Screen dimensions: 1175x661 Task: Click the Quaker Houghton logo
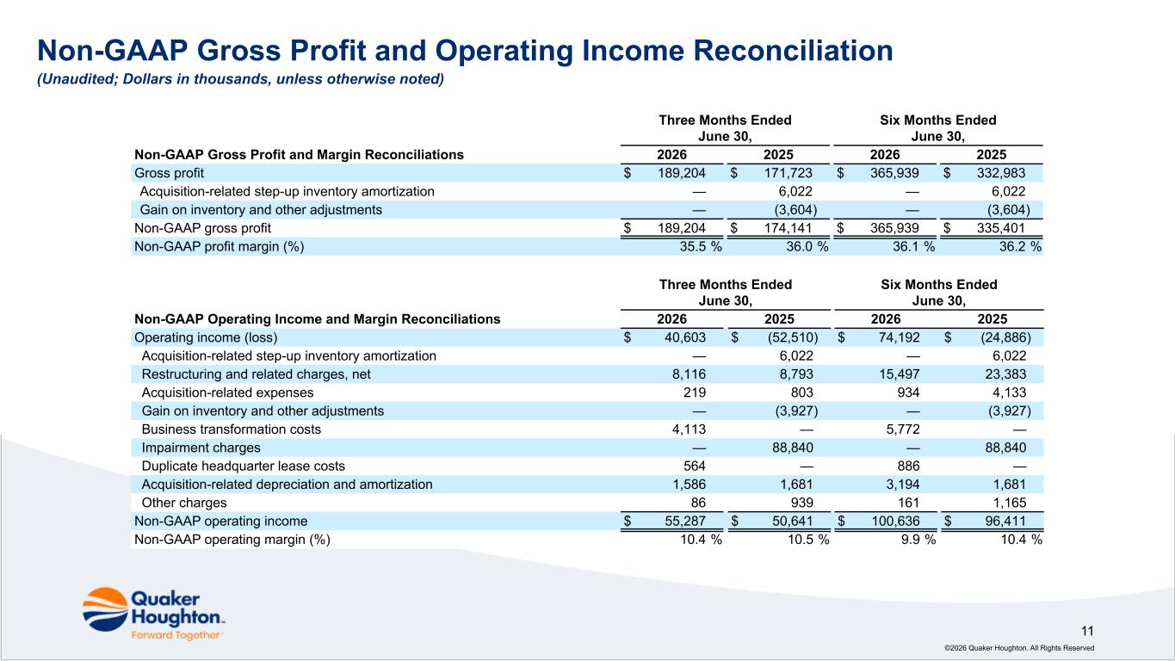[x=154, y=614]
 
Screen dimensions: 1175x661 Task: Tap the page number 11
[x=1087, y=631]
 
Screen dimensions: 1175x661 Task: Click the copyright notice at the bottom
[x=1019, y=648]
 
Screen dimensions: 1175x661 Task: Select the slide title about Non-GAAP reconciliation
[x=465, y=51]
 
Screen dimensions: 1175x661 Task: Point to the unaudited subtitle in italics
[x=241, y=79]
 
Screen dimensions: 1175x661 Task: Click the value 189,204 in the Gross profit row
[x=682, y=173]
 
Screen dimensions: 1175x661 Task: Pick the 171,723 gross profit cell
[x=788, y=173]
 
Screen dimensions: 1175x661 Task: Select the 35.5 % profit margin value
[x=701, y=246]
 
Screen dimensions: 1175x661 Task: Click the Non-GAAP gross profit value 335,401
[x=1000, y=228]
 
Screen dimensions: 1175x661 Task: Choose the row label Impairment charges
[x=201, y=448]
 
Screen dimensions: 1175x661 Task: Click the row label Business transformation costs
[x=232, y=429]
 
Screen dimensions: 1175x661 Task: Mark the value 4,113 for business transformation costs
[x=689, y=429]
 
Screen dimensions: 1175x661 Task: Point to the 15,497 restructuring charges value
[x=903, y=374]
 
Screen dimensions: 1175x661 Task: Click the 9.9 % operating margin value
[x=918, y=540]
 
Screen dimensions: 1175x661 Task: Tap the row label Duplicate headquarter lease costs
[x=244, y=466]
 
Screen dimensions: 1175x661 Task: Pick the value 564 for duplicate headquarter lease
[x=695, y=466]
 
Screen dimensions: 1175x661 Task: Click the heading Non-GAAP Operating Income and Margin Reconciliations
[x=318, y=319]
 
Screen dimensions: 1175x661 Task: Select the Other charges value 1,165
[x=1009, y=503]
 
